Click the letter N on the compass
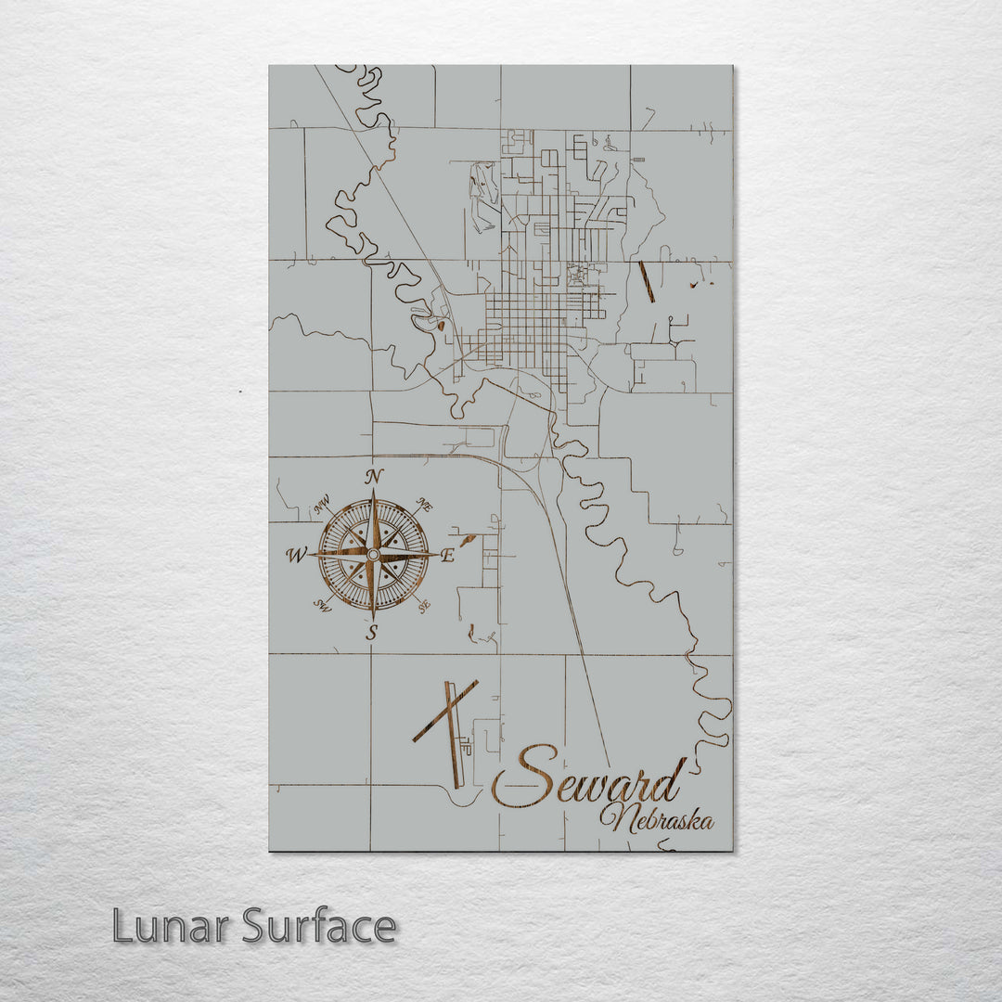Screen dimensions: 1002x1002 pos(374,476)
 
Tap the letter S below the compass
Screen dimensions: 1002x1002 pos(372,633)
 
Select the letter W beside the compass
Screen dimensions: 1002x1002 pos(296,556)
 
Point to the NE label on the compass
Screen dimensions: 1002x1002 pos(424,505)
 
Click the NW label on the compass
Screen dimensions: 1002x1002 pos(323,506)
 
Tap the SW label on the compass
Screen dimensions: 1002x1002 pos(322,606)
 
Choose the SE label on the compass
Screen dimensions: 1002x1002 pos(424,607)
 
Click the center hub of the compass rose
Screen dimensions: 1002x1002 pos(373,555)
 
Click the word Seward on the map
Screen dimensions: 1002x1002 pos(589,777)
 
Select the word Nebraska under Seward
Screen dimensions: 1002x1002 pos(656,819)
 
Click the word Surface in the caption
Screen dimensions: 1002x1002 pos(319,926)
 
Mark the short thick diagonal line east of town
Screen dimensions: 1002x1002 pos(647,282)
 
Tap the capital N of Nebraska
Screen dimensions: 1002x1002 pos(613,817)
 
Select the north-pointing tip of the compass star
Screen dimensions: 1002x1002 pos(373,492)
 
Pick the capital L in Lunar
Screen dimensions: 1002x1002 pos(122,926)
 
